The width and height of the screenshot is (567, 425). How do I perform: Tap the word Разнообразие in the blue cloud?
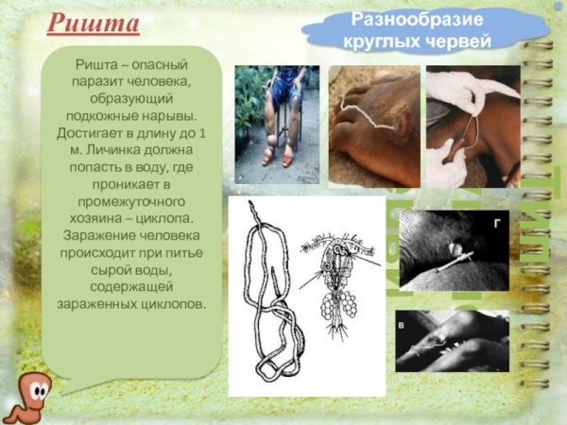coord(404,20)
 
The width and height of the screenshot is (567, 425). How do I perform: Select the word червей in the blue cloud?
coord(459,41)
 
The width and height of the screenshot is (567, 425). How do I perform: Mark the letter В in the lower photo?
coord(404,324)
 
